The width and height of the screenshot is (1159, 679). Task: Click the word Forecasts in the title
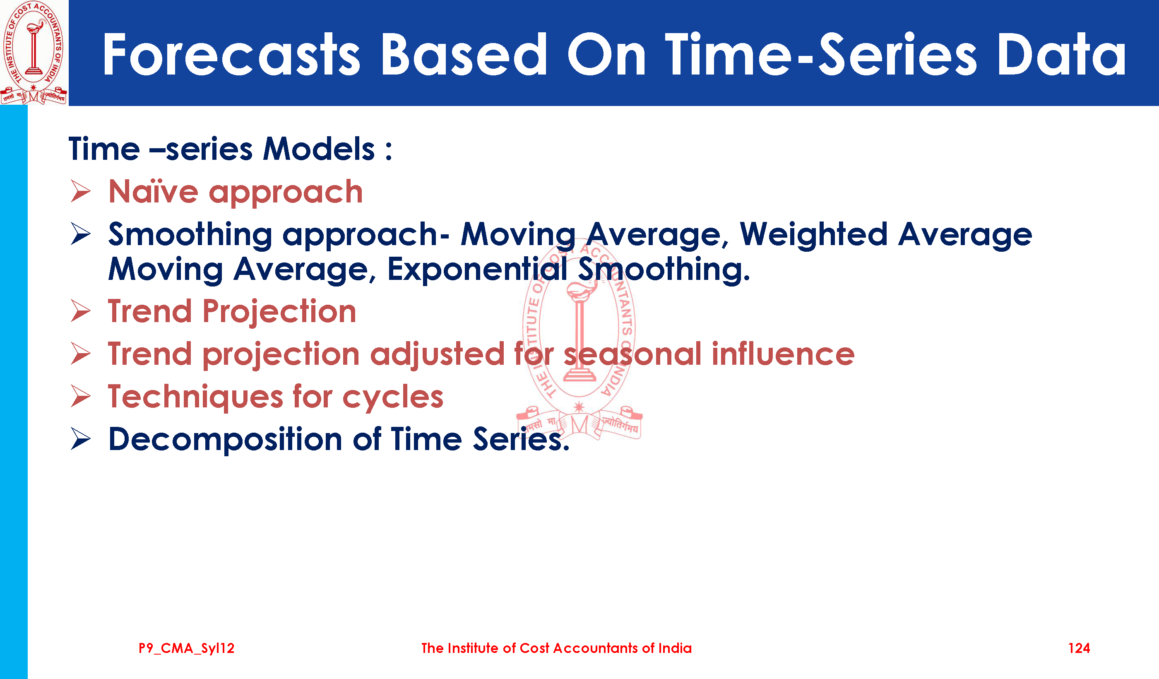point(231,54)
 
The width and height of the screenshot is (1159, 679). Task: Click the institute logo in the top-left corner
point(34,53)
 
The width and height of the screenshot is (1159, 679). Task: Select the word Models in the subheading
point(319,149)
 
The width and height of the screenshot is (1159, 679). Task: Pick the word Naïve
point(154,191)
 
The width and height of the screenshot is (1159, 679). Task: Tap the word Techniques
point(195,397)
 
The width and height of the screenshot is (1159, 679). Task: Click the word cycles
point(393,397)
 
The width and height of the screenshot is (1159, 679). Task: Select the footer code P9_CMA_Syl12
point(186,648)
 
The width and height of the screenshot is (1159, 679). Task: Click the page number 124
point(1079,648)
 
